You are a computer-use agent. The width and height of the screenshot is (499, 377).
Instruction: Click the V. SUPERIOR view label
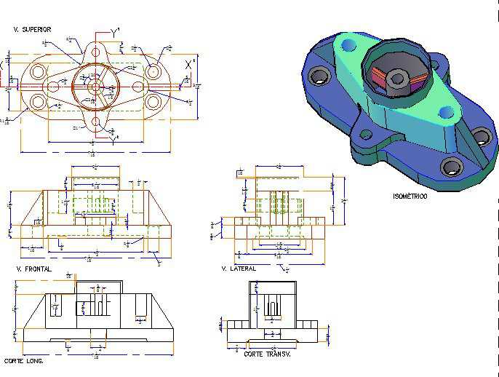[32, 30]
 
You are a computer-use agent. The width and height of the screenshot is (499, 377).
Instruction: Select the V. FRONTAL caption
[33, 269]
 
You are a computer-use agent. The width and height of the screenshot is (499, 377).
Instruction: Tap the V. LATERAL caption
[239, 269]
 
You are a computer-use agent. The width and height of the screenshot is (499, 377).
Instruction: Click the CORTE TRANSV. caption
[267, 354]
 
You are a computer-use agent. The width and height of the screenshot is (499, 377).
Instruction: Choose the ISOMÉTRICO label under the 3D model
[410, 197]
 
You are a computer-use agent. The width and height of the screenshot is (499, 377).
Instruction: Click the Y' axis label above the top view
[116, 31]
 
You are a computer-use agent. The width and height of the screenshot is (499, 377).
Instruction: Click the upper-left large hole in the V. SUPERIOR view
[36, 73]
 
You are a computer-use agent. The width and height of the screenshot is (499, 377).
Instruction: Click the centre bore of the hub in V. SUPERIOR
[95, 86]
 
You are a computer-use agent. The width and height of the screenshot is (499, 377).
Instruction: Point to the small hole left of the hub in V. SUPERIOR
[53, 87]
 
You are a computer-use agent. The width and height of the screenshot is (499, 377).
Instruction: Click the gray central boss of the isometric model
[396, 77]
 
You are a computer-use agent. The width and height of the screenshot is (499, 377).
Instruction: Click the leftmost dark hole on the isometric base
[318, 76]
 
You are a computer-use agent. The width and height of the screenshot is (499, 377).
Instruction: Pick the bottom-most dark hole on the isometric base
[452, 167]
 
